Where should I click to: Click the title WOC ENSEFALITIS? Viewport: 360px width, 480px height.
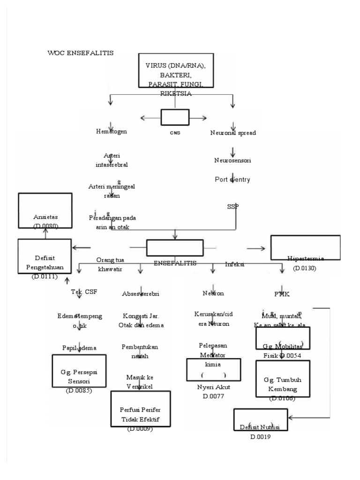[x=80, y=52]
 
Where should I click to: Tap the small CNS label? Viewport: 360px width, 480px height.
[x=175, y=133]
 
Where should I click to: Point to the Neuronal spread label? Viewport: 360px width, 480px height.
[x=233, y=133]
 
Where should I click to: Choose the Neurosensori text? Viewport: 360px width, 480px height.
[x=232, y=160]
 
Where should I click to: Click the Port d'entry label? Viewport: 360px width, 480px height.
[x=232, y=179]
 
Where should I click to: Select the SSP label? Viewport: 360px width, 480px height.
[x=232, y=206]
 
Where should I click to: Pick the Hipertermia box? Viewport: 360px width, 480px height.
[x=305, y=247]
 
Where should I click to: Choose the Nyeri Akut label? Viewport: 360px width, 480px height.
[x=214, y=387]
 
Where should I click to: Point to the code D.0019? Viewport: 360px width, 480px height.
[x=261, y=436]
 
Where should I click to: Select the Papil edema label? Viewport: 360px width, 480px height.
[x=79, y=347]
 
